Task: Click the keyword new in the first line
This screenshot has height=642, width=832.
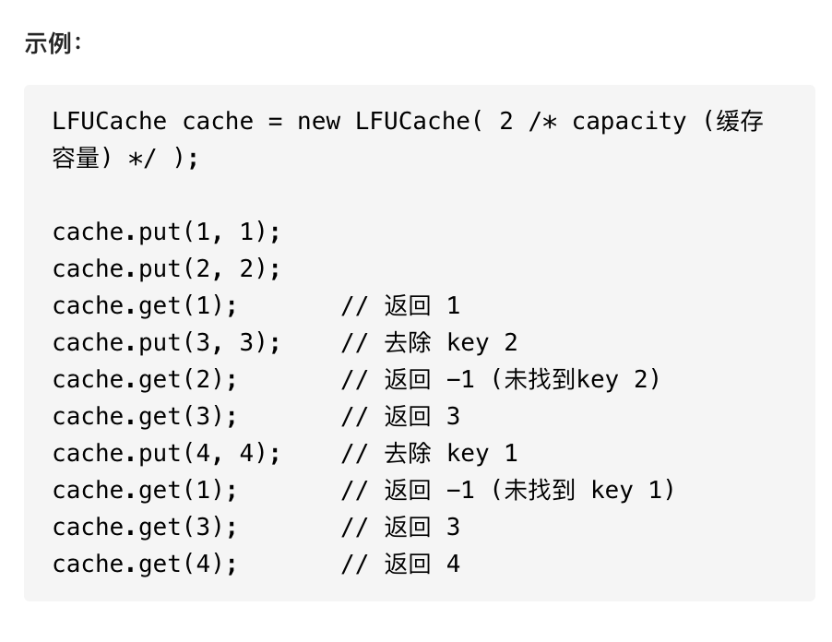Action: pos(319,122)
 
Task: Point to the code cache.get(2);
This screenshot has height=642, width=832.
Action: pos(145,380)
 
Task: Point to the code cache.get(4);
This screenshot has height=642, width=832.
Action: pos(145,565)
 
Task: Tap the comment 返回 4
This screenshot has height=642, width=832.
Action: pos(422,565)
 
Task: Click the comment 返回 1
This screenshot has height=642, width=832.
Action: pos(422,306)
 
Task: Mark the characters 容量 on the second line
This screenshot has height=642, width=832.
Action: pos(76,159)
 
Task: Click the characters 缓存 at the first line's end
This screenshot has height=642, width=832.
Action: pos(740,122)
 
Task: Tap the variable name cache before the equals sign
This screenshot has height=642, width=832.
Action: pos(218,122)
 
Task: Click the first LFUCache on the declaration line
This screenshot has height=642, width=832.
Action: pos(110,122)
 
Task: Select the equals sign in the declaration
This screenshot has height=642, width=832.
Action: pos(275,122)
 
